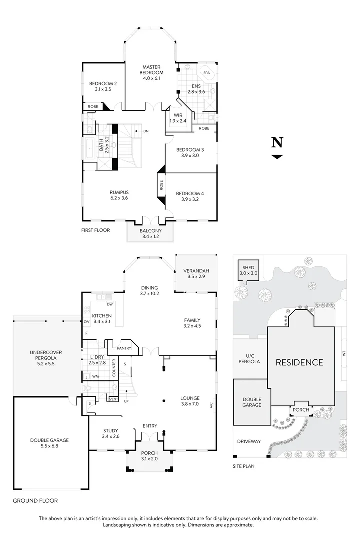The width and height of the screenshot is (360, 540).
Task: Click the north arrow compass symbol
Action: click(x=277, y=148)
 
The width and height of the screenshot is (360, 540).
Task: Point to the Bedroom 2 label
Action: click(x=103, y=87)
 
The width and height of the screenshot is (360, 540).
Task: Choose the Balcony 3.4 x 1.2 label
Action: click(x=150, y=233)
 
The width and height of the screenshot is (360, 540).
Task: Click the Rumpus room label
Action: click(x=119, y=195)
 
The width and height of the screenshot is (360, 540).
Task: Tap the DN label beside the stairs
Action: click(x=146, y=131)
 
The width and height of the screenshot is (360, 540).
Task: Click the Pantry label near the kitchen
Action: click(x=123, y=348)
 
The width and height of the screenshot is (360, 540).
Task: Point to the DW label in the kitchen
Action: click(x=109, y=304)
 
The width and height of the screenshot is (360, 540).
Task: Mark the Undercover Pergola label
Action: click(x=46, y=358)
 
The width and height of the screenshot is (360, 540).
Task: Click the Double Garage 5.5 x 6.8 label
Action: click(x=49, y=443)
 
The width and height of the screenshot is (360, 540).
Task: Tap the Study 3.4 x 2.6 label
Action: click(x=110, y=433)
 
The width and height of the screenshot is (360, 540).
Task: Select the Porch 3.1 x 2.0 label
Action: click(x=150, y=456)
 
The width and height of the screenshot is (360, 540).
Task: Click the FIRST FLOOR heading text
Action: click(x=95, y=230)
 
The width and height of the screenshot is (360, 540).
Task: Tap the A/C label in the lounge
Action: click(x=211, y=404)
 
